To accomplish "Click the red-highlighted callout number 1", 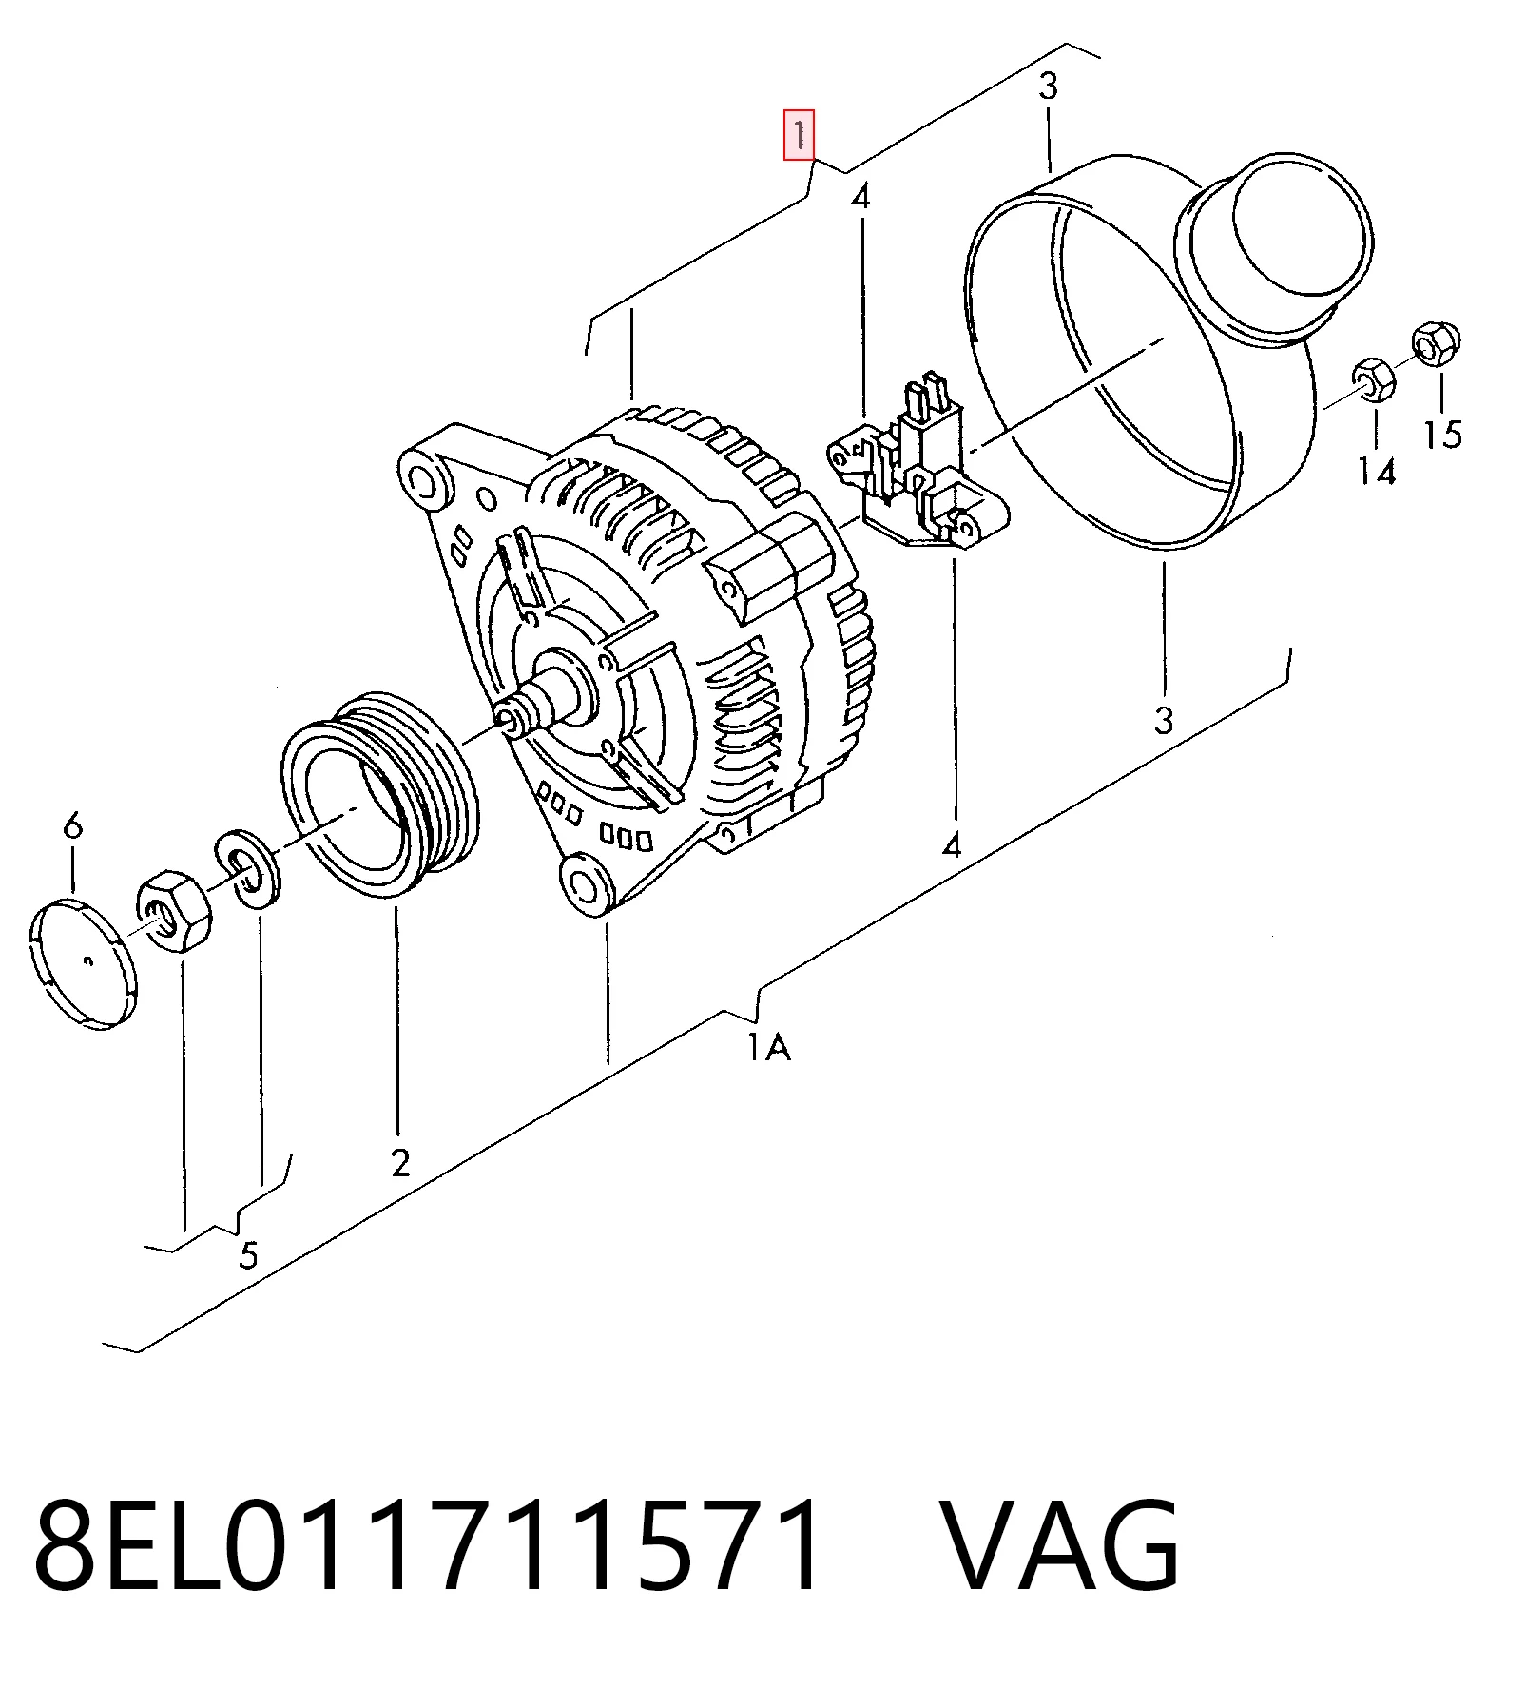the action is tap(799, 134).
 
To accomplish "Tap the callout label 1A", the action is tap(768, 1047).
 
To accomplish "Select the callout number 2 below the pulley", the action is tap(400, 1162).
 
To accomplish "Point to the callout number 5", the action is tap(248, 1255).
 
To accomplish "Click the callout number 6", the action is tap(73, 824).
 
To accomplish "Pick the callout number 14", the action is tap(1377, 471).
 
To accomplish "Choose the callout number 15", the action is tap(1442, 434).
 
